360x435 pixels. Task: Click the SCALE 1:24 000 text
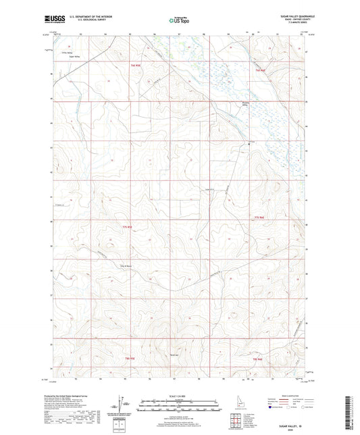point(180,396)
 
